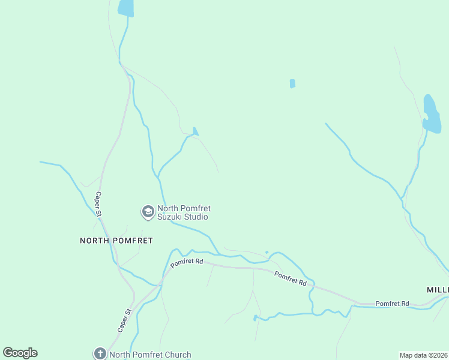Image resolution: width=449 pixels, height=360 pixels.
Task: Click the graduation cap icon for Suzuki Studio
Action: pos(147,211)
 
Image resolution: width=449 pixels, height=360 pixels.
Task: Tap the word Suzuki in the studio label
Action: pos(170,217)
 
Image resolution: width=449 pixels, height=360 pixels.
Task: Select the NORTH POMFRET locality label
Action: pos(116,240)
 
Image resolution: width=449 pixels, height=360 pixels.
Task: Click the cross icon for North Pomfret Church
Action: pos(100,354)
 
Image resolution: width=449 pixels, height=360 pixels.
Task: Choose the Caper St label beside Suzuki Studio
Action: pos(99,203)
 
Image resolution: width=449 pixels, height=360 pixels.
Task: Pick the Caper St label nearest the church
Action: pos(124,320)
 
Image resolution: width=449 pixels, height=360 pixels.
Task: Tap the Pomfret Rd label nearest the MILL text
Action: pos(392,304)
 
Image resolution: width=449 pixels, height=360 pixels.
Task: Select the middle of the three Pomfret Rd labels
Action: pos(291,278)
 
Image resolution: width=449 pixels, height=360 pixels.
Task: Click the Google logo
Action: pos(20,353)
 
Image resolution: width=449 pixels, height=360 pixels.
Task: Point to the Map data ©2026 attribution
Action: pos(423,355)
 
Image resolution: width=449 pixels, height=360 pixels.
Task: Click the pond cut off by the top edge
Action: pos(126,7)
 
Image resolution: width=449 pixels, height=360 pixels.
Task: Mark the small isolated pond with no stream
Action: pos(292,83)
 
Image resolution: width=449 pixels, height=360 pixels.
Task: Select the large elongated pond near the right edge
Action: pos(431,114)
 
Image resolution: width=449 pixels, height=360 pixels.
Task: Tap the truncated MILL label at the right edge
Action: pos(438,289)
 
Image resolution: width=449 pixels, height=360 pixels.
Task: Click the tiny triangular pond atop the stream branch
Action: pos(195,131)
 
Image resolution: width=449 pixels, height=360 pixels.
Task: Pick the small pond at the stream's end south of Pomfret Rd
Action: pos(255,317)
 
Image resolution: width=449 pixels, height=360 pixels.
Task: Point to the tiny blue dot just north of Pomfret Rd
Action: pos(267,252)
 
